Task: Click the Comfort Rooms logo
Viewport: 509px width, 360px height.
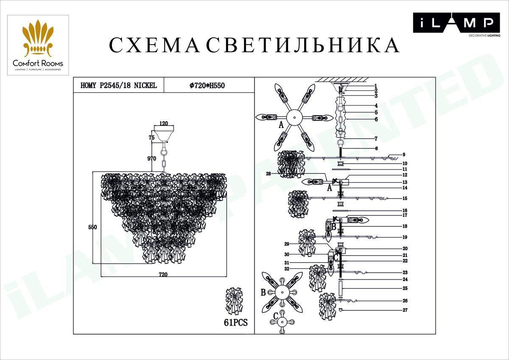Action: pos(38,45)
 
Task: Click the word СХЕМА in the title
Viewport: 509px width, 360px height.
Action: pos(154,45)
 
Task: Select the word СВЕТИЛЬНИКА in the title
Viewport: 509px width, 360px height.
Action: pos(303,45)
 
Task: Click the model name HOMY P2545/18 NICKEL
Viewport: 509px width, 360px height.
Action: pos(118,85)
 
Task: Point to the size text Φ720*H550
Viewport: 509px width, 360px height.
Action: pos(207,85)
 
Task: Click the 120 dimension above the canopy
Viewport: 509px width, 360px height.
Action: pos(163,124)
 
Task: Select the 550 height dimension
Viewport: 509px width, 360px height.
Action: pos(92,227)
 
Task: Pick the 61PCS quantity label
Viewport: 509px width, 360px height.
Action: pos(235,322)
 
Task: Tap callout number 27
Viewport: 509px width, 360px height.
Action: pos(405,310)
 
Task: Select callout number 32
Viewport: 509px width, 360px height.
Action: pos(287,269)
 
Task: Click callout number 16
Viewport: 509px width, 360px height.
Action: pos(405,210)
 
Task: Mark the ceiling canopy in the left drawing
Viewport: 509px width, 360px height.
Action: pos(163,134)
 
